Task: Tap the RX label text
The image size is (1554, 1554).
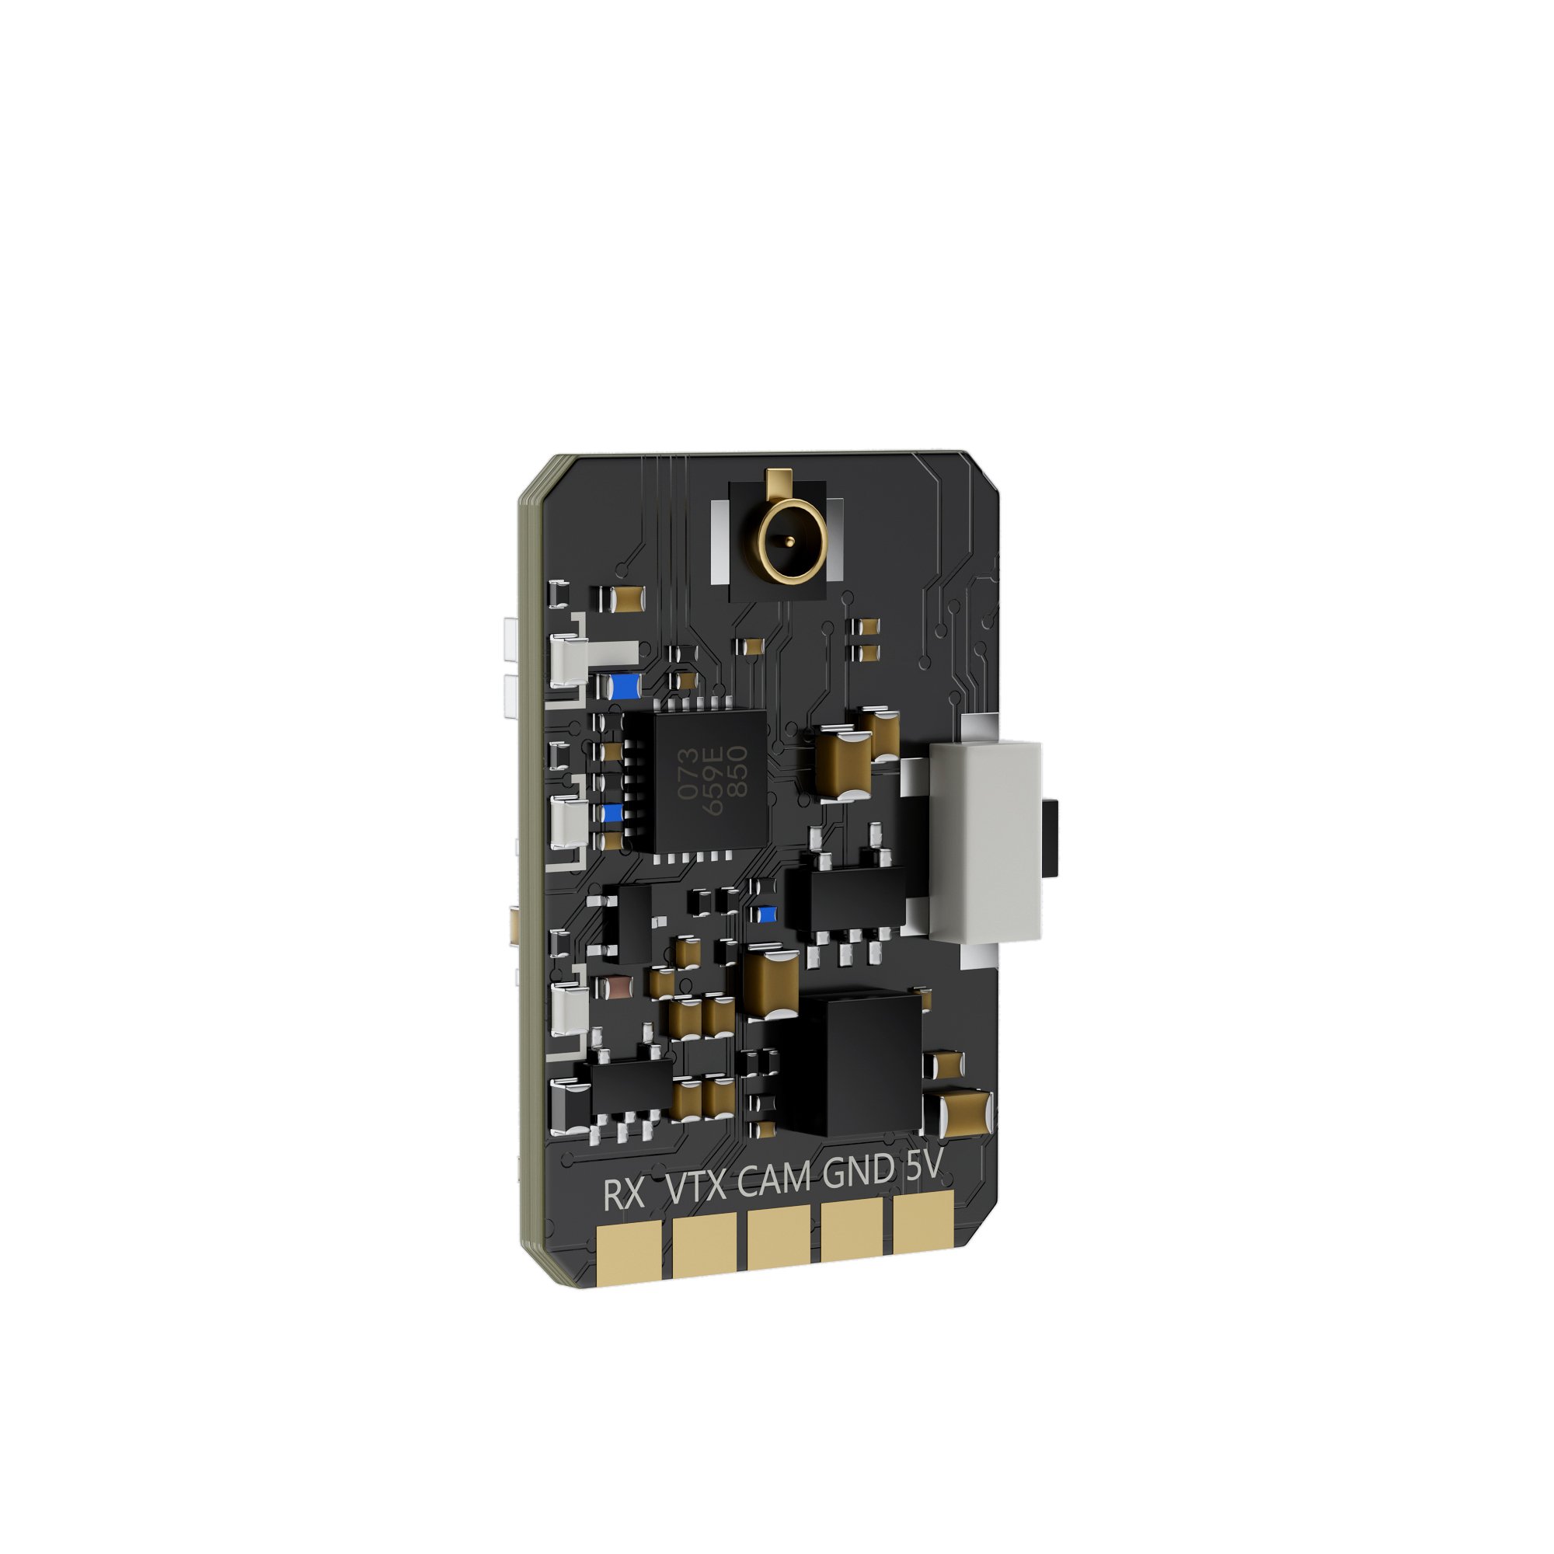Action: click(x=624, y=1196)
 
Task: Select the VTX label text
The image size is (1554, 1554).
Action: click(x=696, y=1190)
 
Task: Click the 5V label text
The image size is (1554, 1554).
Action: click(x=921, y=1167)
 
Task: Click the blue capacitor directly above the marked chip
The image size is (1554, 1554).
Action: click(x=624, y=686)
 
